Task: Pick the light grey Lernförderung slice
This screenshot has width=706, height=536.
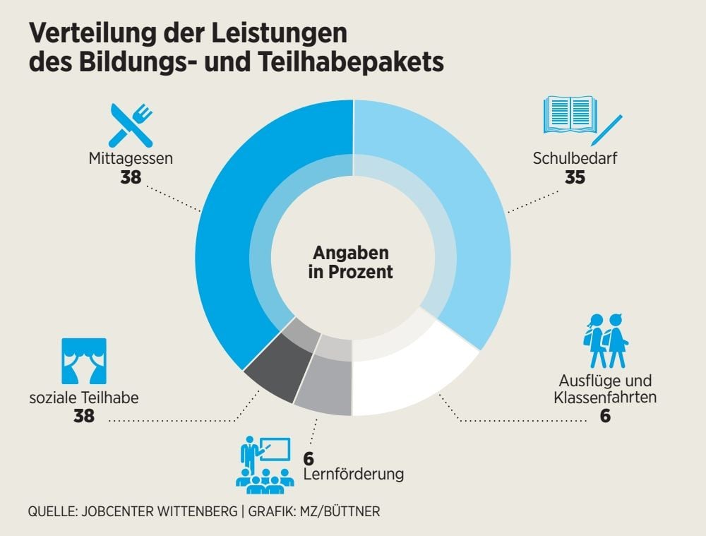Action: (x=325, y=388)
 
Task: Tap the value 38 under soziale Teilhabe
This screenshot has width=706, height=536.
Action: (x=84, y=416)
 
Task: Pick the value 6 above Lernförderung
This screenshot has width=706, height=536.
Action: (x=309, y=458)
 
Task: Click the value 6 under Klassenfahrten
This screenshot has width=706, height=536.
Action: (x=605, y=416)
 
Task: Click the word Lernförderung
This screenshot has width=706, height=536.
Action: (x=353, y=474)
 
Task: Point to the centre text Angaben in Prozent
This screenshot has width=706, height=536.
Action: (x=351, y=262)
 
